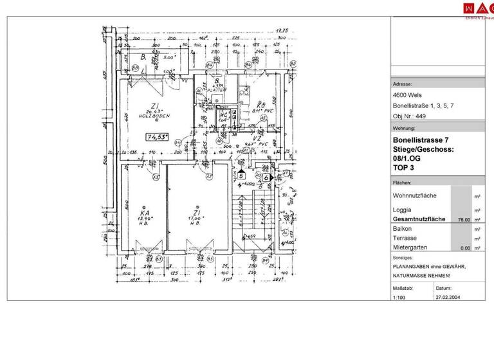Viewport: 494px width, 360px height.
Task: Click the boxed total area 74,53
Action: point(157,137)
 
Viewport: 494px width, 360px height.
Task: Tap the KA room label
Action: point(145,213)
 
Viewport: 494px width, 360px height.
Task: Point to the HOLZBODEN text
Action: point(154,116)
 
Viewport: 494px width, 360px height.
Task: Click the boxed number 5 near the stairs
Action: point(241,174)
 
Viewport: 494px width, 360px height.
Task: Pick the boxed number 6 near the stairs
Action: point(266,177)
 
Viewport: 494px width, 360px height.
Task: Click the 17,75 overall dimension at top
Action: point(282,30)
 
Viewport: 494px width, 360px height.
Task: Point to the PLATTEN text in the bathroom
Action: point(217,91)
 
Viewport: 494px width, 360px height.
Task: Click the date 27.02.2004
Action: point(448,298)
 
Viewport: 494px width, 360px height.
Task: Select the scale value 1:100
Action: point(399,298)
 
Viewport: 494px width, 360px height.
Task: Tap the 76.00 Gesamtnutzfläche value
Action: point(462,219)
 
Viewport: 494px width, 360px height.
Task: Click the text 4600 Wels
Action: point(407,95)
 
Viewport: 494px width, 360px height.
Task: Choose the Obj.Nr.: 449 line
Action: point(410,116)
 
